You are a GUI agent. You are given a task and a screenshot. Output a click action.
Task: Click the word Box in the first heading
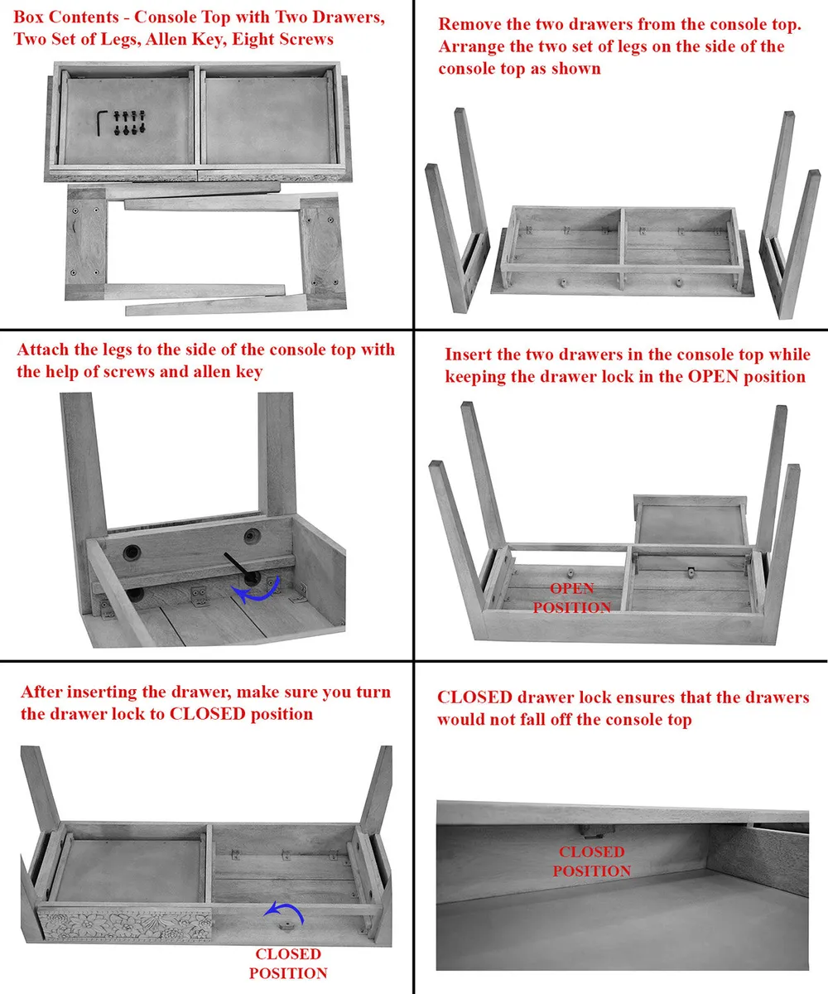pyautogui.click(x=29, y=17)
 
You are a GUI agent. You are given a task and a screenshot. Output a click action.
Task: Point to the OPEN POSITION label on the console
pyautogui.click(x=572, y=598)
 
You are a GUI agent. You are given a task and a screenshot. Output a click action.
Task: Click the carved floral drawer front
pyautogui.click(x=125, y=925)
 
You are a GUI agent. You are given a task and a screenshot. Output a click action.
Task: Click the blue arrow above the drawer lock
pyautogui.click(x=286, y=912)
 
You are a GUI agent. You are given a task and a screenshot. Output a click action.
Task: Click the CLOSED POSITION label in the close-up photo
pyautogui.click(x=592, y=861)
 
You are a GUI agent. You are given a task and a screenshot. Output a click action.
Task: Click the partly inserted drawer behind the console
pyautogui.click(x=690, y=520)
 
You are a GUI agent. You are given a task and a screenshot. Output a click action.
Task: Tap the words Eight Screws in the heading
pyautogui.click(x=282, y=39)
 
